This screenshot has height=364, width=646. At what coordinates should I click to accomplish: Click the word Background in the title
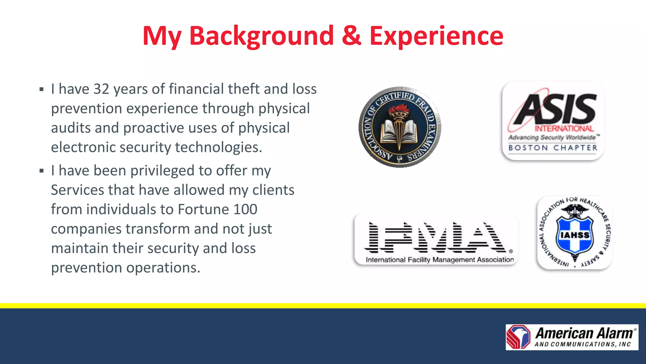click(x=261, y=36)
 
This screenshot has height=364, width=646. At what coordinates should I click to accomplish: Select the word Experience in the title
click(x=436, y=36)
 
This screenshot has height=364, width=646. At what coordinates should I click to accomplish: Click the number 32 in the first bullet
click(x=101, y=89)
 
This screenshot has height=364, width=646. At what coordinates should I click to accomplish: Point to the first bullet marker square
click(x=42, y=90)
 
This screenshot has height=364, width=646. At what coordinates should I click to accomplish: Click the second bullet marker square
click(x=42, y=171)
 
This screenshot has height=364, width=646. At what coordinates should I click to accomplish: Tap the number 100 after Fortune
click(x=245, y=210)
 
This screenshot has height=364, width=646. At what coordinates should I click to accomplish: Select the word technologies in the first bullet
click(x=218, y=147)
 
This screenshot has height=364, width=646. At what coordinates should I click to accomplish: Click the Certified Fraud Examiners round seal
click(x=400, y=127)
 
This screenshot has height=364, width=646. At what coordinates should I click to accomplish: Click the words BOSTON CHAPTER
click(x=553, y=148)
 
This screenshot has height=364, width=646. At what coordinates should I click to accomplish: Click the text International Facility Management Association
click(x=440, y=260)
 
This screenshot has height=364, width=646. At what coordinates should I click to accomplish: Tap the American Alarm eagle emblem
click(x=519, y=337)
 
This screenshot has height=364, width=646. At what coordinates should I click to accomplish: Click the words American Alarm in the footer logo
click(x=584, y=333)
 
